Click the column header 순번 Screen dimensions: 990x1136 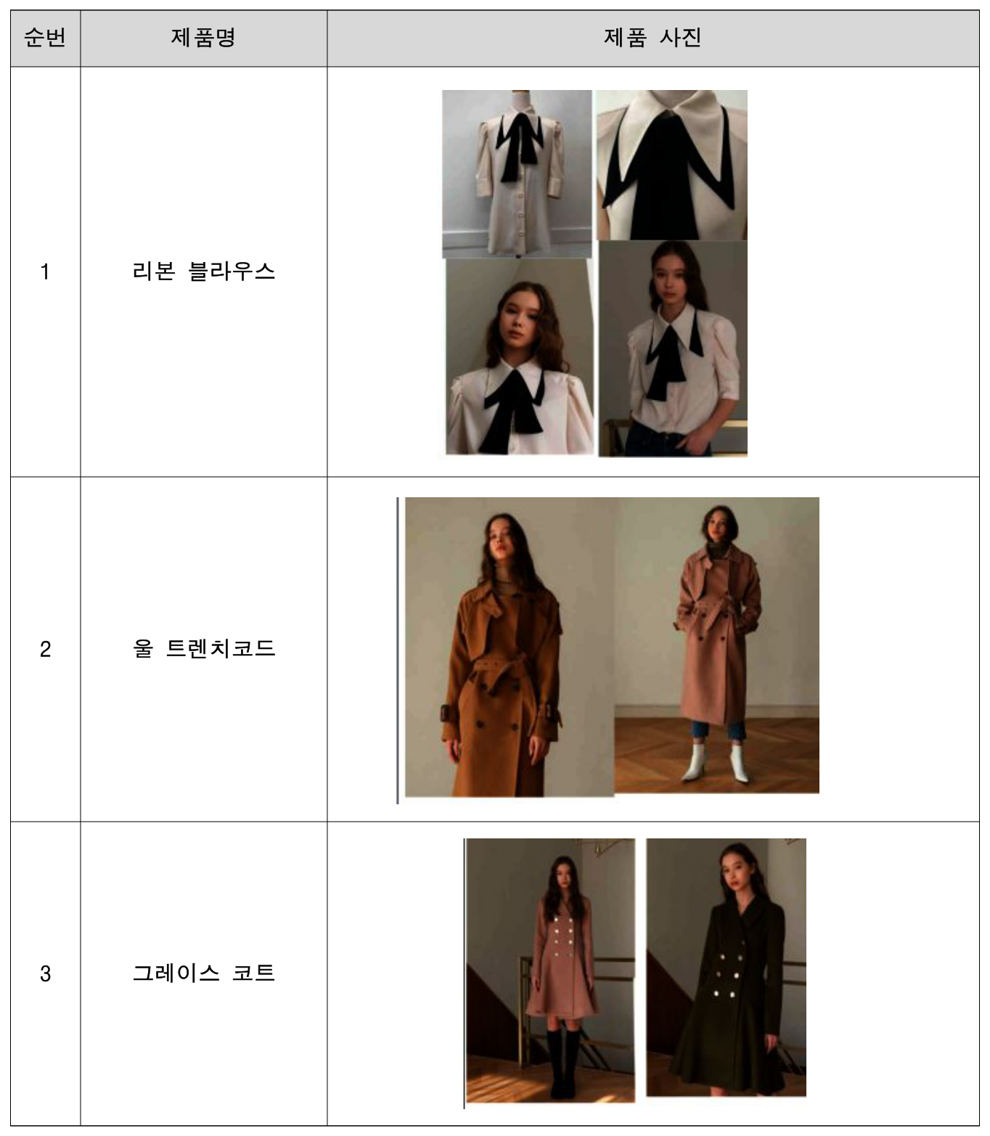pyautogui.click(x=45, y=38)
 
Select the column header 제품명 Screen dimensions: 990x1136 pyautogui.click(x=203, y=38)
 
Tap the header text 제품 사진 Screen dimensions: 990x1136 pyautogui.click(x=652, y=38)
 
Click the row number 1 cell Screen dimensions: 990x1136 pyautogui.click(x=45, y=271)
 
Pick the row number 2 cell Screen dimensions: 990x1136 pyautogui.click(x=45, y=648)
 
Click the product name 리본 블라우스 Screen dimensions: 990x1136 pyautogui.click(x=203, y=271)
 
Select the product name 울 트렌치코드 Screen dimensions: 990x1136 pyautogui.click(x=203, y=648)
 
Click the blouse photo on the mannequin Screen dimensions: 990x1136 pyautogui.click(x=517, y=173)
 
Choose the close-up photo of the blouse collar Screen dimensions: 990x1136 pyautogui.click(x=672, y=165)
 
